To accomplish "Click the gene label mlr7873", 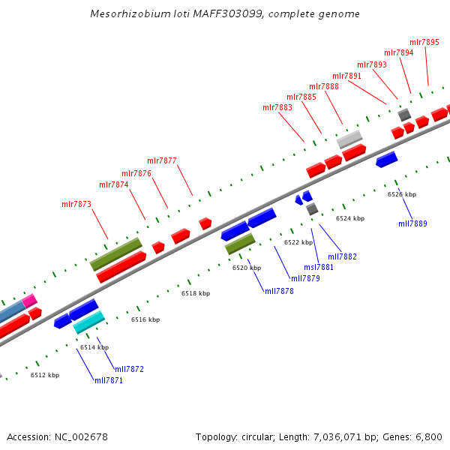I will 76,204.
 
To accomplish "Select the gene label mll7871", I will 109,381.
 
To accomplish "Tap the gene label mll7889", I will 412,223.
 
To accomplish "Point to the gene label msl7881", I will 319,267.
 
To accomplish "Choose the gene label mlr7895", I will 424,42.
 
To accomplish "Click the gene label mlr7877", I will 162,160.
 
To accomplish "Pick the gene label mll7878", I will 279,291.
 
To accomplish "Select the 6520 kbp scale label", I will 247,268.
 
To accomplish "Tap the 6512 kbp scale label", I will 45,375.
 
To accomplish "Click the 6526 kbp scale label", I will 402,194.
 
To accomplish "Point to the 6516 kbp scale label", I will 145,319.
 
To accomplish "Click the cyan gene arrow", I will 88,322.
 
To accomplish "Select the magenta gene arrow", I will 29,301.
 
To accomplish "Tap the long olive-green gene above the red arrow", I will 115,254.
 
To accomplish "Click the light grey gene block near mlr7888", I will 349,139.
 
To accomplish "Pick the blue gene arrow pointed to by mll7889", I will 386,159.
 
